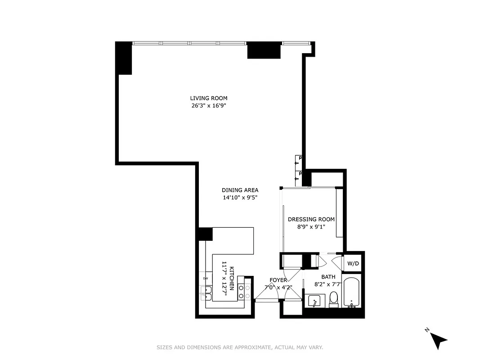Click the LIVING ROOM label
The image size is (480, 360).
coord(208,98)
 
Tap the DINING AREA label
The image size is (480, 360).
coord(240,190)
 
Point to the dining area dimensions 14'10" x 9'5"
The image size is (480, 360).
coord(240,198)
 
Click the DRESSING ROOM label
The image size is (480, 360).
coord(311,219)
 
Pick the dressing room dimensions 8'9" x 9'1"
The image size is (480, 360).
coord(311,227)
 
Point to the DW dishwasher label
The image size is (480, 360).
coord(205,279)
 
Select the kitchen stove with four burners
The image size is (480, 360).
coord(244,292)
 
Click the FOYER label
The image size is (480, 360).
coord(278,280)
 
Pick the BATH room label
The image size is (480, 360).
coord(328,277)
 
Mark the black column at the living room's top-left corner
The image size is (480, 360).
coord(124,58)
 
